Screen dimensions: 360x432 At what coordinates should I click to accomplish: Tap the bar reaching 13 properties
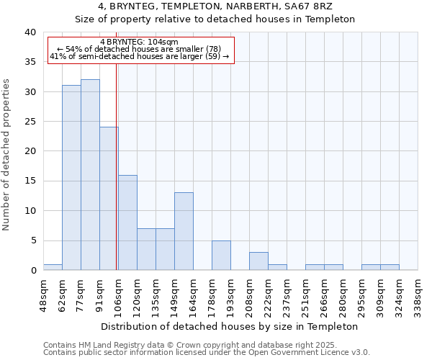tap(184, 231)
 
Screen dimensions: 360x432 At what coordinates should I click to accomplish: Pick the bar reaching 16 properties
tap(127, 222)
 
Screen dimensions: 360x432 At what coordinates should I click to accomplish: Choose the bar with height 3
tap(258, 261)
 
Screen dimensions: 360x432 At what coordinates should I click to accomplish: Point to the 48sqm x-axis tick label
tap(43, 295)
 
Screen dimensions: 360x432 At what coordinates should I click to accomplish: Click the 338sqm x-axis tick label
tap(418, 295)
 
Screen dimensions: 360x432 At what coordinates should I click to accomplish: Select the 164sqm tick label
tap(193, 295)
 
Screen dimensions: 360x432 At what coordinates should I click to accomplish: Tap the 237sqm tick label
tap(287, 295)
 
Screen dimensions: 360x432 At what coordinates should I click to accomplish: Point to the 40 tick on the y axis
tap(30, 32)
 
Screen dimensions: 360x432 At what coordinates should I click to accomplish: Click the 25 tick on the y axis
tap(30, 122)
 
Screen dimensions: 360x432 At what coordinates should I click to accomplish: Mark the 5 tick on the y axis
tap(32, 240)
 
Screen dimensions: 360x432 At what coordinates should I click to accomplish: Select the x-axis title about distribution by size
tap(230, 326)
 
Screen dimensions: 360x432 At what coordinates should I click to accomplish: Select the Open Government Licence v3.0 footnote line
tap(207, 353)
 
